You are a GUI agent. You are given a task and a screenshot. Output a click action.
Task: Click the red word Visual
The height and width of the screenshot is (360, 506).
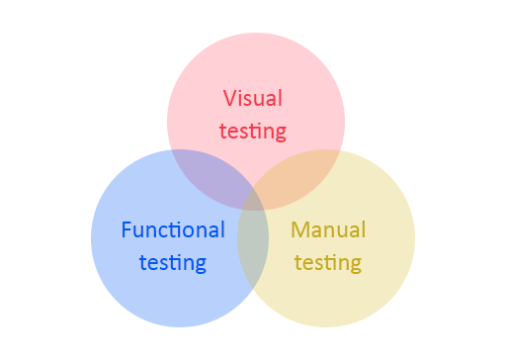[252, 99]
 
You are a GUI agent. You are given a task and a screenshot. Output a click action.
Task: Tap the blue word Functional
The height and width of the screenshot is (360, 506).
[173, 230]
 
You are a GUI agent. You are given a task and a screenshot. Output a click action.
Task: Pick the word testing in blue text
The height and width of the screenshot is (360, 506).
[173, 263]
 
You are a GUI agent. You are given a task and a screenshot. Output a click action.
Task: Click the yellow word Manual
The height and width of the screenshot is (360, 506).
[328, 230]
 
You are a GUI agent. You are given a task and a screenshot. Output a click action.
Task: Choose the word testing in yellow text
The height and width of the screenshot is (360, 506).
[328, 263]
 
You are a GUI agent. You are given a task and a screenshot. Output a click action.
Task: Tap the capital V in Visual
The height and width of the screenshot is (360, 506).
[229, 99]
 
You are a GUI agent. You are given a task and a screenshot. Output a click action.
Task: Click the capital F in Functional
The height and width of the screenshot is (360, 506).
[126, 230]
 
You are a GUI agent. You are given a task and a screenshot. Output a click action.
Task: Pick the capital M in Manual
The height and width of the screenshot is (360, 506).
[299, 230]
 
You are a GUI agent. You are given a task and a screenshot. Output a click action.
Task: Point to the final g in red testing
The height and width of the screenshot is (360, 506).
[280, 133]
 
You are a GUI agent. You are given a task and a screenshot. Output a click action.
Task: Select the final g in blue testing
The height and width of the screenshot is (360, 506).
[200, 265]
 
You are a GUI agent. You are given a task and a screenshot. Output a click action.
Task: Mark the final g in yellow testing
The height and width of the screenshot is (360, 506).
[355, 265]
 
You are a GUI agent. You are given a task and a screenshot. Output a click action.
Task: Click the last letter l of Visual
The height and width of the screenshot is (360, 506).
[280, 98]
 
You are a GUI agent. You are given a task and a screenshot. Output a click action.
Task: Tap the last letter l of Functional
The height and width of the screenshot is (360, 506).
[222, 229]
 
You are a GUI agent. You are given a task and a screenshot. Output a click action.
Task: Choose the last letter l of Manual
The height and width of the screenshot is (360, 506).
[364, 229]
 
